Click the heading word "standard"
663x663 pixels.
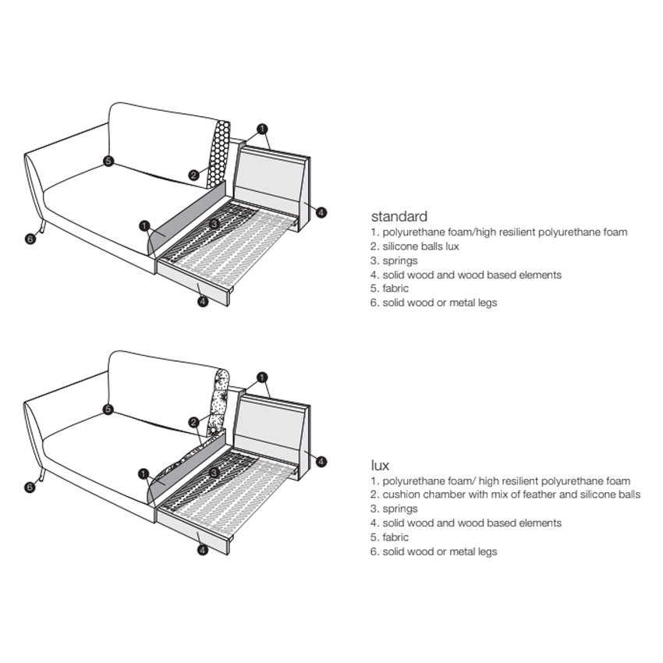[399, 217]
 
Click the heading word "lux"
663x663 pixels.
[380, 466]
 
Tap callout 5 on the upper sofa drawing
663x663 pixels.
[108, 161]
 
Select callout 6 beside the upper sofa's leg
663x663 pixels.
[30, 239]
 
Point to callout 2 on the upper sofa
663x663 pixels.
[193, 175]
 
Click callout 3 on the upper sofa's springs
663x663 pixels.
[214, 223]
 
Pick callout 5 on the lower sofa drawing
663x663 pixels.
[108, 409]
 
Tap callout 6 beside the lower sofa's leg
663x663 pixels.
[30, 487]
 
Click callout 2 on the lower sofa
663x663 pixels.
[193, 423]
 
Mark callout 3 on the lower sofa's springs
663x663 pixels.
[214, 473]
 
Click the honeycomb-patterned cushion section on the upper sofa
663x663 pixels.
[219, 154]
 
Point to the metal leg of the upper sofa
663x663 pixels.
[42, 227]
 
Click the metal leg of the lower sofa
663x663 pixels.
[42, 475]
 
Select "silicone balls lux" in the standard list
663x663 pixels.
[420, 246]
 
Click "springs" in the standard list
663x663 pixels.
[400, 261]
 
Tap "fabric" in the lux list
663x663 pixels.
[395, 537]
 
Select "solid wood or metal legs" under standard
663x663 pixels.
[440, 303]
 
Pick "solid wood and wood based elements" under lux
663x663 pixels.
[472, 523]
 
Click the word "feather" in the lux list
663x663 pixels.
[540, 495]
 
